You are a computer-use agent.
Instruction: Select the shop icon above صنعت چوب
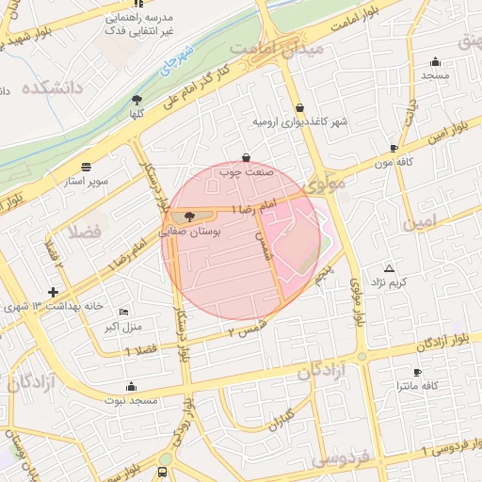click(246, 157)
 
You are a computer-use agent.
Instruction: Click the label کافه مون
click(394, 162)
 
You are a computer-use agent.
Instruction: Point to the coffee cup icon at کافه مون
click(394, 148)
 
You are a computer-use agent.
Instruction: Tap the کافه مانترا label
click(419, 386)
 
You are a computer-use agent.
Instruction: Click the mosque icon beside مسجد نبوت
click(130, 386)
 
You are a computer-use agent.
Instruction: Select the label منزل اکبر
click(121, 327)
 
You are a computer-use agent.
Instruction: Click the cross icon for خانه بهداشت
click(53, 294)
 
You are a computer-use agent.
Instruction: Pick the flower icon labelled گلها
click(137, 98)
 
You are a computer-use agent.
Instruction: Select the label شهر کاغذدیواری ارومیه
click(299, 122)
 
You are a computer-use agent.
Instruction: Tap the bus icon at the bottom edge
click(163, 473)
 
